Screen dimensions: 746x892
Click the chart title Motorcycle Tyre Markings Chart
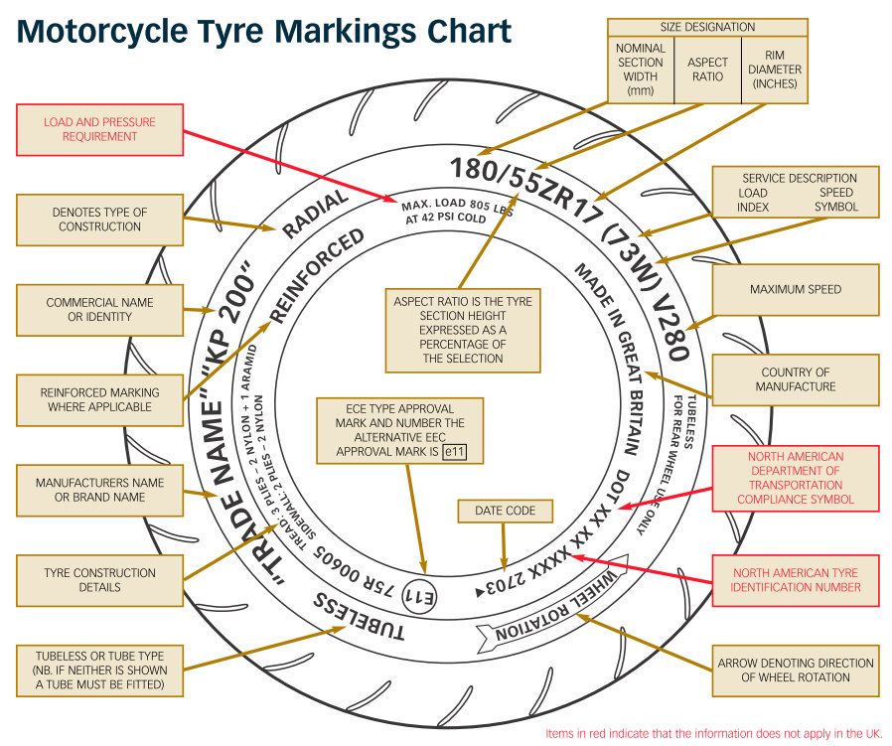pos(264,32)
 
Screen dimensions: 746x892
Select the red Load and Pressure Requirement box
pos(99,129)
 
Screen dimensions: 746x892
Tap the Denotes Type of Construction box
pos(99,220)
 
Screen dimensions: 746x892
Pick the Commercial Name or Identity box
pos(99,310)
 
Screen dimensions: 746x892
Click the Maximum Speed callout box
pos(795,290)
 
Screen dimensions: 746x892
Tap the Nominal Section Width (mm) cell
pos(641,69)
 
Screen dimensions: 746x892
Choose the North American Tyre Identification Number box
pos(795,580)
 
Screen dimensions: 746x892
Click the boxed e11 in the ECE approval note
pos(455,452)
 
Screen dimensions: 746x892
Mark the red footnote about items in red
pos(713,734)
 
